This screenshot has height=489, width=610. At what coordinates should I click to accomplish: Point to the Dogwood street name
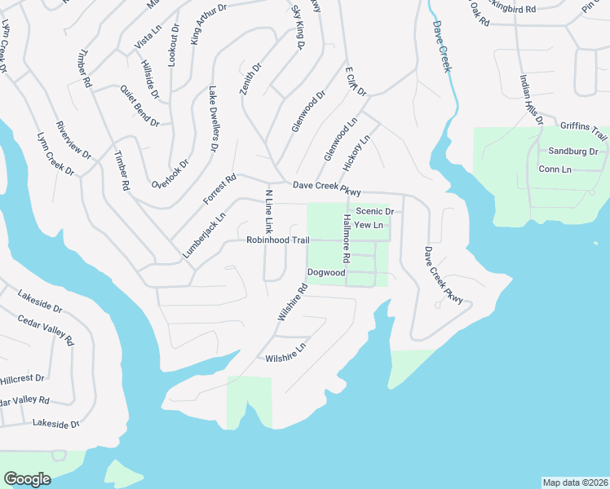[x=326, y=272]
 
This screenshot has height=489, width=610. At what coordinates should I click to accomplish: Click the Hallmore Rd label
[x=347, y=240]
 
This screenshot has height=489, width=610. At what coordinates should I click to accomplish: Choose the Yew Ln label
[x=369, y=225]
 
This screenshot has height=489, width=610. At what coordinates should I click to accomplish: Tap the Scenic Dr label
[x=374, y=211]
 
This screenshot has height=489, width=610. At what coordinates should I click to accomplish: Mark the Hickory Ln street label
[x=357, y=152]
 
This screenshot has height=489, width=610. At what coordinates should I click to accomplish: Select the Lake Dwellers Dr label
[x=214, y=119]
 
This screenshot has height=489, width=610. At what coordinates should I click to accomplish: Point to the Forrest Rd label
[x=219, y=188]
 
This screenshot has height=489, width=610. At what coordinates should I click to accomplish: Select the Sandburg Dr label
[x=573, y=152]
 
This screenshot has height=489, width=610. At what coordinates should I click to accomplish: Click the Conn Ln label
[x=555, y=169]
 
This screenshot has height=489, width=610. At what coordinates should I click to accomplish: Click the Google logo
[x=28, y=479]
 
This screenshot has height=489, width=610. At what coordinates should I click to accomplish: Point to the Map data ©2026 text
[x=575, y=482]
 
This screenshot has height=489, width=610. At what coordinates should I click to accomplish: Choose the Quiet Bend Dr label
[x=139, y=105]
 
